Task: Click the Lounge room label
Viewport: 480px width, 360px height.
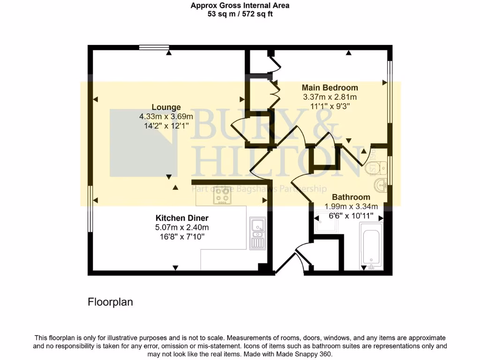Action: [x=166, y=107]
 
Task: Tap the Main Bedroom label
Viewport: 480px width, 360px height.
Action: [x=330, y=88]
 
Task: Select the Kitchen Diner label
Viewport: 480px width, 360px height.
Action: [x=182, y=218]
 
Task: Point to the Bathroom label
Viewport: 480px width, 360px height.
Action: [x=351, y=197]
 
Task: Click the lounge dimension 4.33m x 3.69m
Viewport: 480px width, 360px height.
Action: [x=166, y=116]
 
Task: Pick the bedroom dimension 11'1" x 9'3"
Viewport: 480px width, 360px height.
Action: [x=330, y=106]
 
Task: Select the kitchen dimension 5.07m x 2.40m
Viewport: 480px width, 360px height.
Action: [x=182, y=227]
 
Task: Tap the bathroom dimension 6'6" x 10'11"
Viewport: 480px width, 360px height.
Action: [x=351, y=216]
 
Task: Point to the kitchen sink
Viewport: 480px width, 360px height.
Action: [x=257, y=233]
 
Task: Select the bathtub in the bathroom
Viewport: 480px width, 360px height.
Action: [x=371, y=247]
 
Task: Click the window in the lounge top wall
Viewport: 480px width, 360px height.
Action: [x=154, y=47]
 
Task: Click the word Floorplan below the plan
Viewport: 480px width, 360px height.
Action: [x=110, y=302]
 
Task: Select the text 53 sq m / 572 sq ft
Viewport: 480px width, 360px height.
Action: [x=240, y=14]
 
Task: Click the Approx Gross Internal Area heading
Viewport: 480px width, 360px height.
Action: [x=240, y=6]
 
